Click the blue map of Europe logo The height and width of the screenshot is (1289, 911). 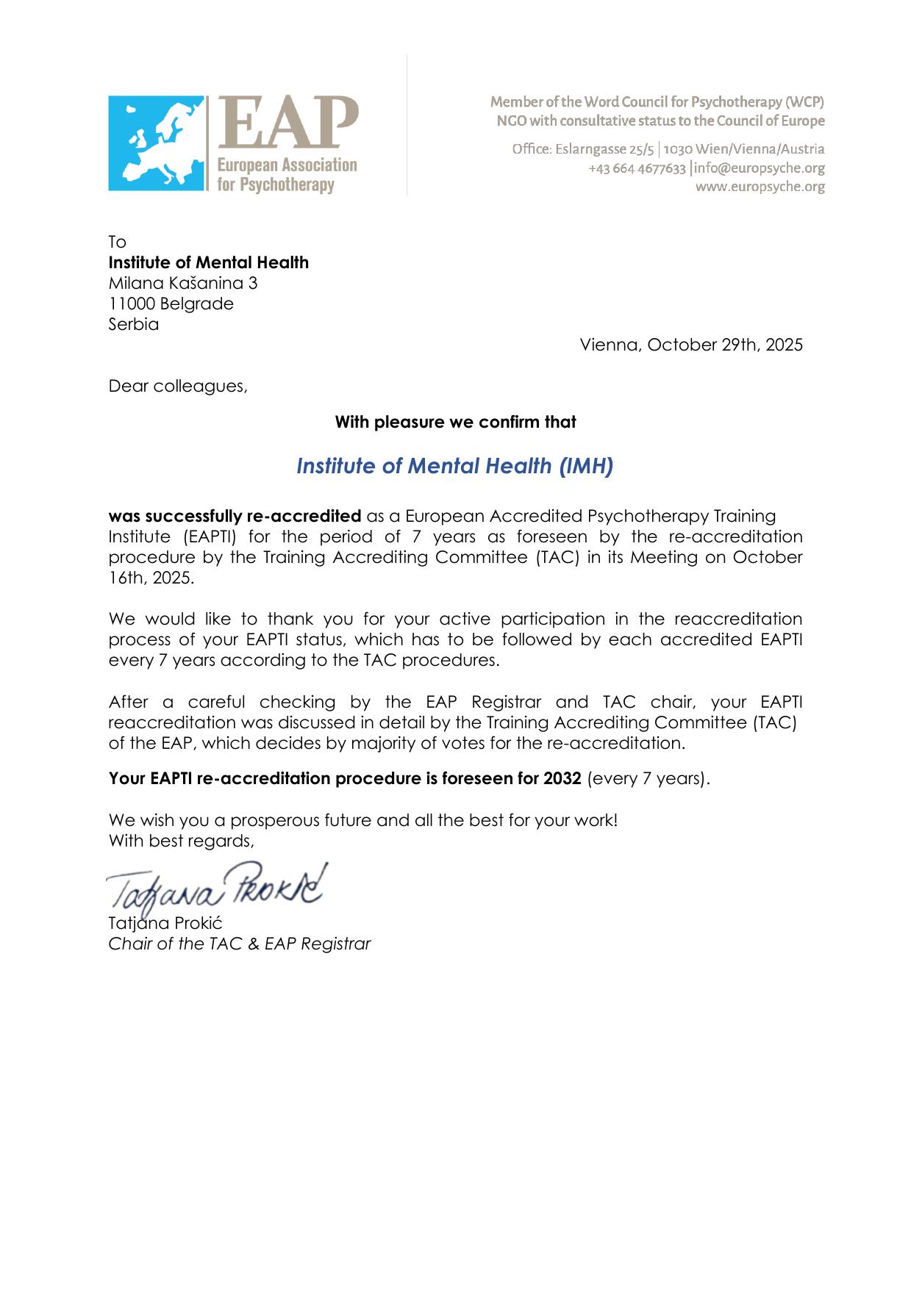pos(156,143)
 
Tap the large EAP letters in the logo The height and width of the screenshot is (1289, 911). pos(287,123)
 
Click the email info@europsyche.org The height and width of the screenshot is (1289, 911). pos(759,168)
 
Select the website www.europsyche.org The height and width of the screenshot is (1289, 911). pos(760,187)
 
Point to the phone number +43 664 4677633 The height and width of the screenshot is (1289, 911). pos(637,168)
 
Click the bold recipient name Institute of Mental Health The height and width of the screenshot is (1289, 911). pos(209,262)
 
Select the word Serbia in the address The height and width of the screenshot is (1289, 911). pos(134,324)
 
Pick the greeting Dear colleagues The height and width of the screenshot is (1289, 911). pos(178,386)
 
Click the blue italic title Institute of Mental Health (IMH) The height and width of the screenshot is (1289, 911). pos(454,466)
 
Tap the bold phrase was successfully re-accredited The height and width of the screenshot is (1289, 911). pos(235,516)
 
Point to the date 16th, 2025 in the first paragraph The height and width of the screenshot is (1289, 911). pos(151,578)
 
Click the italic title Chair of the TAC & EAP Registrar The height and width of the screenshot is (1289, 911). pos(240,944)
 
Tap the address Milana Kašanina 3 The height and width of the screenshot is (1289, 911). pos(183,283)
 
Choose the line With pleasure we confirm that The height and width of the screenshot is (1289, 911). pos(455,422)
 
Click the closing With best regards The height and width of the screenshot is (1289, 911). pos(181,841)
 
